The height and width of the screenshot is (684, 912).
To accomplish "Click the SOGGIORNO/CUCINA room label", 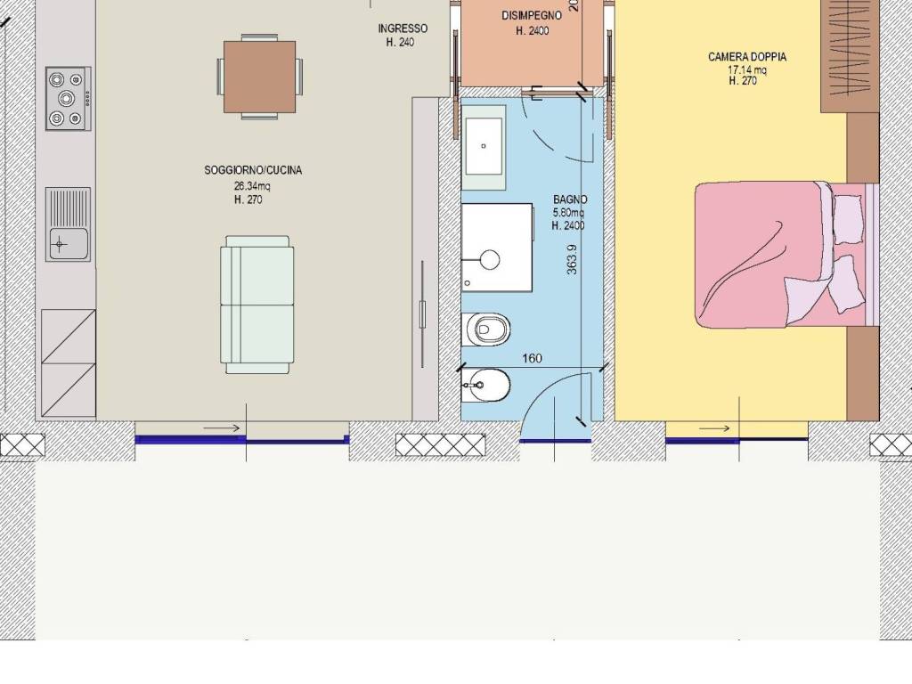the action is pos(253,170).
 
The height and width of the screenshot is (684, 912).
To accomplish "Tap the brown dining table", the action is pos(259,77).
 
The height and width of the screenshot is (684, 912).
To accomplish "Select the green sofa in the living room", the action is pos(256,305).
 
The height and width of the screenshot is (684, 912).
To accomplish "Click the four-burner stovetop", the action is pos(68,98).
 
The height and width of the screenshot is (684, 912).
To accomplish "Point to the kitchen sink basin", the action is pos(68,244).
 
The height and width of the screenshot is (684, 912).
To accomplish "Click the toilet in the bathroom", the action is pos(485,330).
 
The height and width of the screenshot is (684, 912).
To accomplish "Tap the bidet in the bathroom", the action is pos(485,386).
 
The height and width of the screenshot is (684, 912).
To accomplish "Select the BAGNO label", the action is pos(570,200).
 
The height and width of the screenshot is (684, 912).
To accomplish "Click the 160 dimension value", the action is pos(532,358).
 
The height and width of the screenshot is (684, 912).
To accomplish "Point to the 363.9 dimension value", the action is pos(572,259).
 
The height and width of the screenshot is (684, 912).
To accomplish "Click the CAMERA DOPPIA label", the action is pos(747,57).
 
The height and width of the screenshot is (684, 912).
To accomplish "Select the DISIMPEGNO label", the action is pos(532,16).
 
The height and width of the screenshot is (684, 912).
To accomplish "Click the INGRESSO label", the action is pos(403,28).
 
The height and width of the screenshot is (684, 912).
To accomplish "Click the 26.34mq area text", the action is pos(252,186).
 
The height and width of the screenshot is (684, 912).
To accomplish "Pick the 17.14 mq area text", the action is pos(747,69).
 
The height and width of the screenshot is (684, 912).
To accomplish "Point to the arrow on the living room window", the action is pos(222,428).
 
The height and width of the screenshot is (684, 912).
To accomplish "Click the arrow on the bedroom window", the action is pos(714,428).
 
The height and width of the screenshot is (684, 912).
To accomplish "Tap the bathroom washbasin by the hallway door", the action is pos(484,148).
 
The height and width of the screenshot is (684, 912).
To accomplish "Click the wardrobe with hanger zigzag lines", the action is pos(850,56).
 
